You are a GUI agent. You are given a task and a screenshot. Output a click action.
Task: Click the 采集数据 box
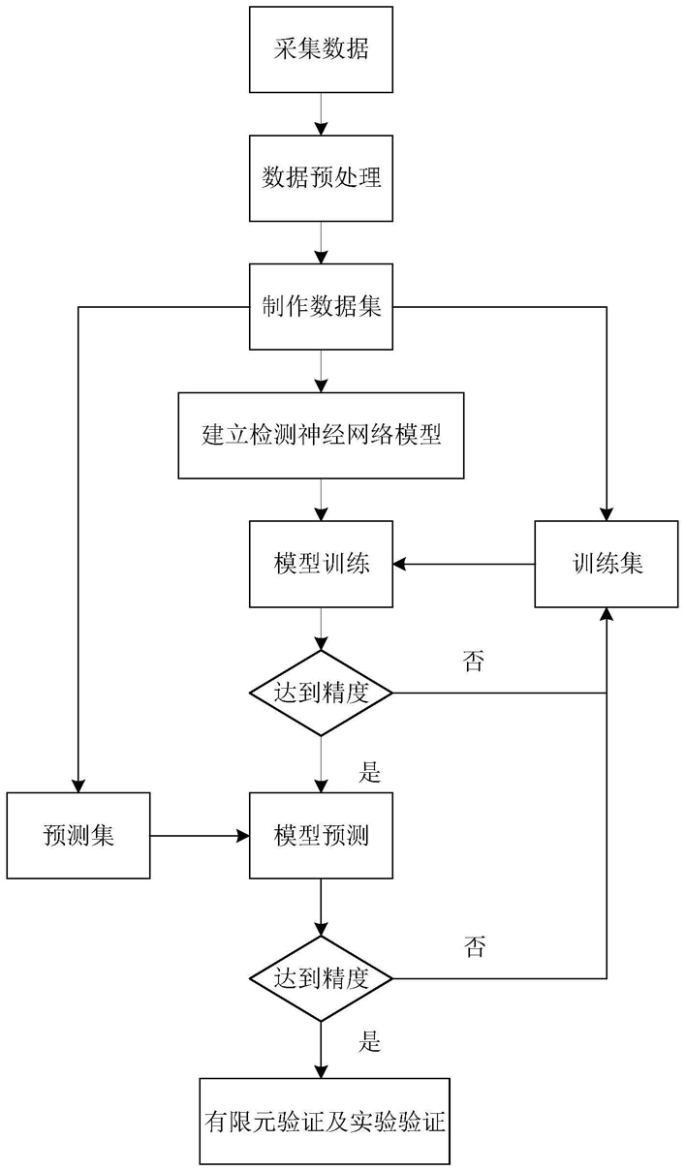click(321, 49)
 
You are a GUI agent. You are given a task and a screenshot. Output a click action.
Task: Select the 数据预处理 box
click(321, 178)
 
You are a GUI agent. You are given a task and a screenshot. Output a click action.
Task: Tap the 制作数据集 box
click(321, 307)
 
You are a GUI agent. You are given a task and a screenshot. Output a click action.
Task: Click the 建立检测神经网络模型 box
click(321, 436)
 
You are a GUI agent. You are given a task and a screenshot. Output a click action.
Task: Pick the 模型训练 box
click(321, 564)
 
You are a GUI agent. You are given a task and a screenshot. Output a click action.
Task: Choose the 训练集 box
click(607, 564)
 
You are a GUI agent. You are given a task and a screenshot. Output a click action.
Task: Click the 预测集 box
click(78, 835)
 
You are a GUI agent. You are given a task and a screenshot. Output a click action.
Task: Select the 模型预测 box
click(321, 835)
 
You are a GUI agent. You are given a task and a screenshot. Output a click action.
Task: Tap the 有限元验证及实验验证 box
click(325, 1122)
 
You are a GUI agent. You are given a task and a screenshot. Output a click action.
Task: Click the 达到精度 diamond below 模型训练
click(321, 693)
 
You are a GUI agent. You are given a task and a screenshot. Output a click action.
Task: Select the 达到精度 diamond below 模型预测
click(321, 978)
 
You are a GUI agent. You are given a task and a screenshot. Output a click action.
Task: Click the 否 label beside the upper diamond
click(474, 662)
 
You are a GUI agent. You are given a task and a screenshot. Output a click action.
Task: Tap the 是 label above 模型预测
click(370, 772)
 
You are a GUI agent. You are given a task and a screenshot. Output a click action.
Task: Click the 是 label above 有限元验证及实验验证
click(370, 1040)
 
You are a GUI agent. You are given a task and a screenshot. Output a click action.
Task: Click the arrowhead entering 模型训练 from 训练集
click(399, 564)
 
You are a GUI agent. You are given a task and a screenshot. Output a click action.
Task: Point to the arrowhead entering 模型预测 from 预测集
click(242, 835)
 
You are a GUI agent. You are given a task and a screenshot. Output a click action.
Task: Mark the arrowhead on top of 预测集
click(78, 786)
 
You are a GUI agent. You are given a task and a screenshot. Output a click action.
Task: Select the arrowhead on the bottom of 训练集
click(607, 614)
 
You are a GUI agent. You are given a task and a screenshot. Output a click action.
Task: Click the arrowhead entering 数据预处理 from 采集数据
click(321, 129)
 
